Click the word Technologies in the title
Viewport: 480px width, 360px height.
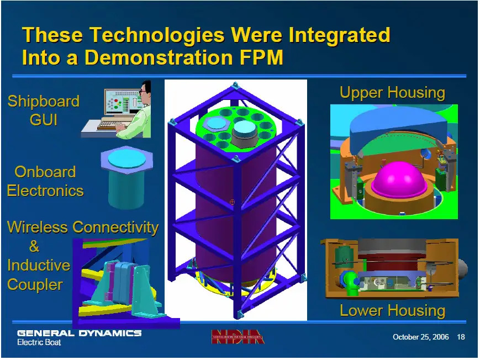tap(157, 35)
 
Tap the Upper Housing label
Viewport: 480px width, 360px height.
tap(392, 93)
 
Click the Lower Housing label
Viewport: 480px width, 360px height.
tap(392, 310)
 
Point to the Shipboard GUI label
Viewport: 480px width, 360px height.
tap(44, 110)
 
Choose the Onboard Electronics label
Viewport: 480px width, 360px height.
tap(45, 181)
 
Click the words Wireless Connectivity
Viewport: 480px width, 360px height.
tap(83, 227)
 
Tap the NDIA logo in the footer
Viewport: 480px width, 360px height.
tap(238, 336)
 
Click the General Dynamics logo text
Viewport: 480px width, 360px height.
tap(79, 333)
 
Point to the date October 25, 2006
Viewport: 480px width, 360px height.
tap(420, 337)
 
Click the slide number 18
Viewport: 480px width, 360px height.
tap(461, 337)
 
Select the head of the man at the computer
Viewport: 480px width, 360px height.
tap(145, 88)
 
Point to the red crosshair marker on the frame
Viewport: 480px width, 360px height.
tap(232, 202)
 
